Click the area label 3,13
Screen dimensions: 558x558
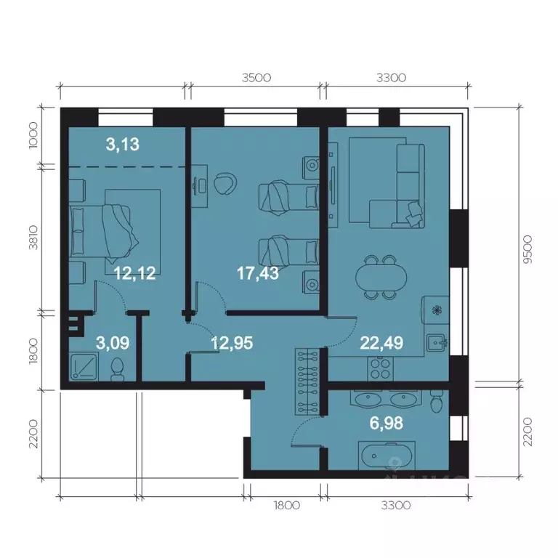point(122,145)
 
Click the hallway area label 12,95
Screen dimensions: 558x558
point(232,342)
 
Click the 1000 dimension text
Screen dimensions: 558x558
point(33,135)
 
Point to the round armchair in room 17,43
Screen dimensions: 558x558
point(225,182)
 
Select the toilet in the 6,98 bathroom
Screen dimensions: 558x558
point(436,400)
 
